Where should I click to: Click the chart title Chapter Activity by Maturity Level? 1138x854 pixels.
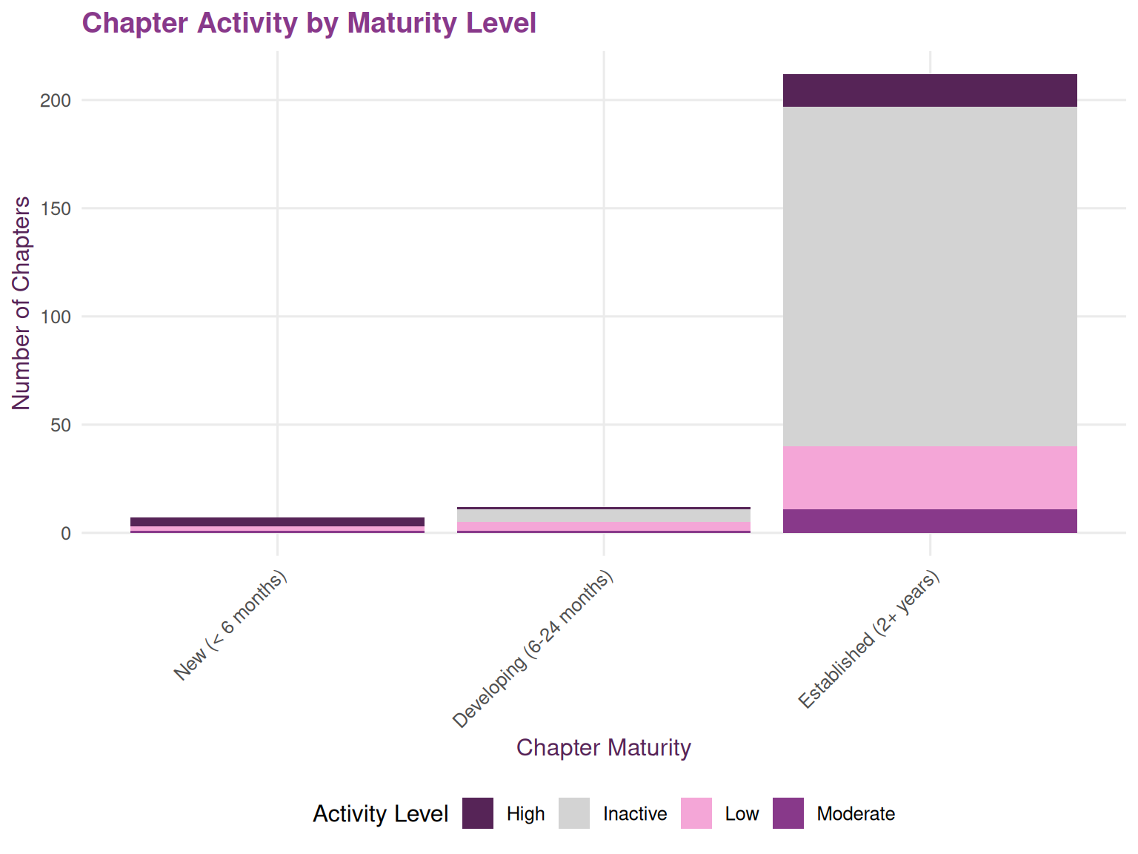(x=309, y=23)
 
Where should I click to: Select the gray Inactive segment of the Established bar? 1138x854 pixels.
(x=930, y=276)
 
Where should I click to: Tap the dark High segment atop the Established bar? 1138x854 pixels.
(x=930, y=90)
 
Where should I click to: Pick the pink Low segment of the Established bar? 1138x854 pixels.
(x=930, y=477)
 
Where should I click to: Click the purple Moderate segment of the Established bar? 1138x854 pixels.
(x=930, y=520)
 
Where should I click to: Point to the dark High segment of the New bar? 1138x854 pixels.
(x=277, y=522)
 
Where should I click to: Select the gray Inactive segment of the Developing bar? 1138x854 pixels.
(x=603, y=515)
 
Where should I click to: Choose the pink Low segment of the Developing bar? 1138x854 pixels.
(x=603, y=526)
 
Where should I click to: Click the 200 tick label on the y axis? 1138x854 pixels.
(x=56, y=101)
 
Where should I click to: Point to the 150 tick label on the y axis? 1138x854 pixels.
(x=56, y=209)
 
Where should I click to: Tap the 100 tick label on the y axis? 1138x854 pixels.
(x=56, y=317)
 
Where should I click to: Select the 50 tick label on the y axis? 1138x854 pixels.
(x=60, y=426)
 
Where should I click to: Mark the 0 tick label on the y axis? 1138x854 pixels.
(x=66, y=534)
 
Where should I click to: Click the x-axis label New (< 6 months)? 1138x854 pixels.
(x=230, y=626)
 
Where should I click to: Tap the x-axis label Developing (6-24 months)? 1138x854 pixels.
(x=533, y=649)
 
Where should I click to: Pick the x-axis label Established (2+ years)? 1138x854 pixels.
(x=869, y=639)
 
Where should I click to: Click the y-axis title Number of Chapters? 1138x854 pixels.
(x=21, y=302)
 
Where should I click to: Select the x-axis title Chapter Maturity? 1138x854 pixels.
(x=603, y=747)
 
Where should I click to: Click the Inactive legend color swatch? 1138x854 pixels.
(x=574, y=813)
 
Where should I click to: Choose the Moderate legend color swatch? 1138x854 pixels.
(x=788, y=813)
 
